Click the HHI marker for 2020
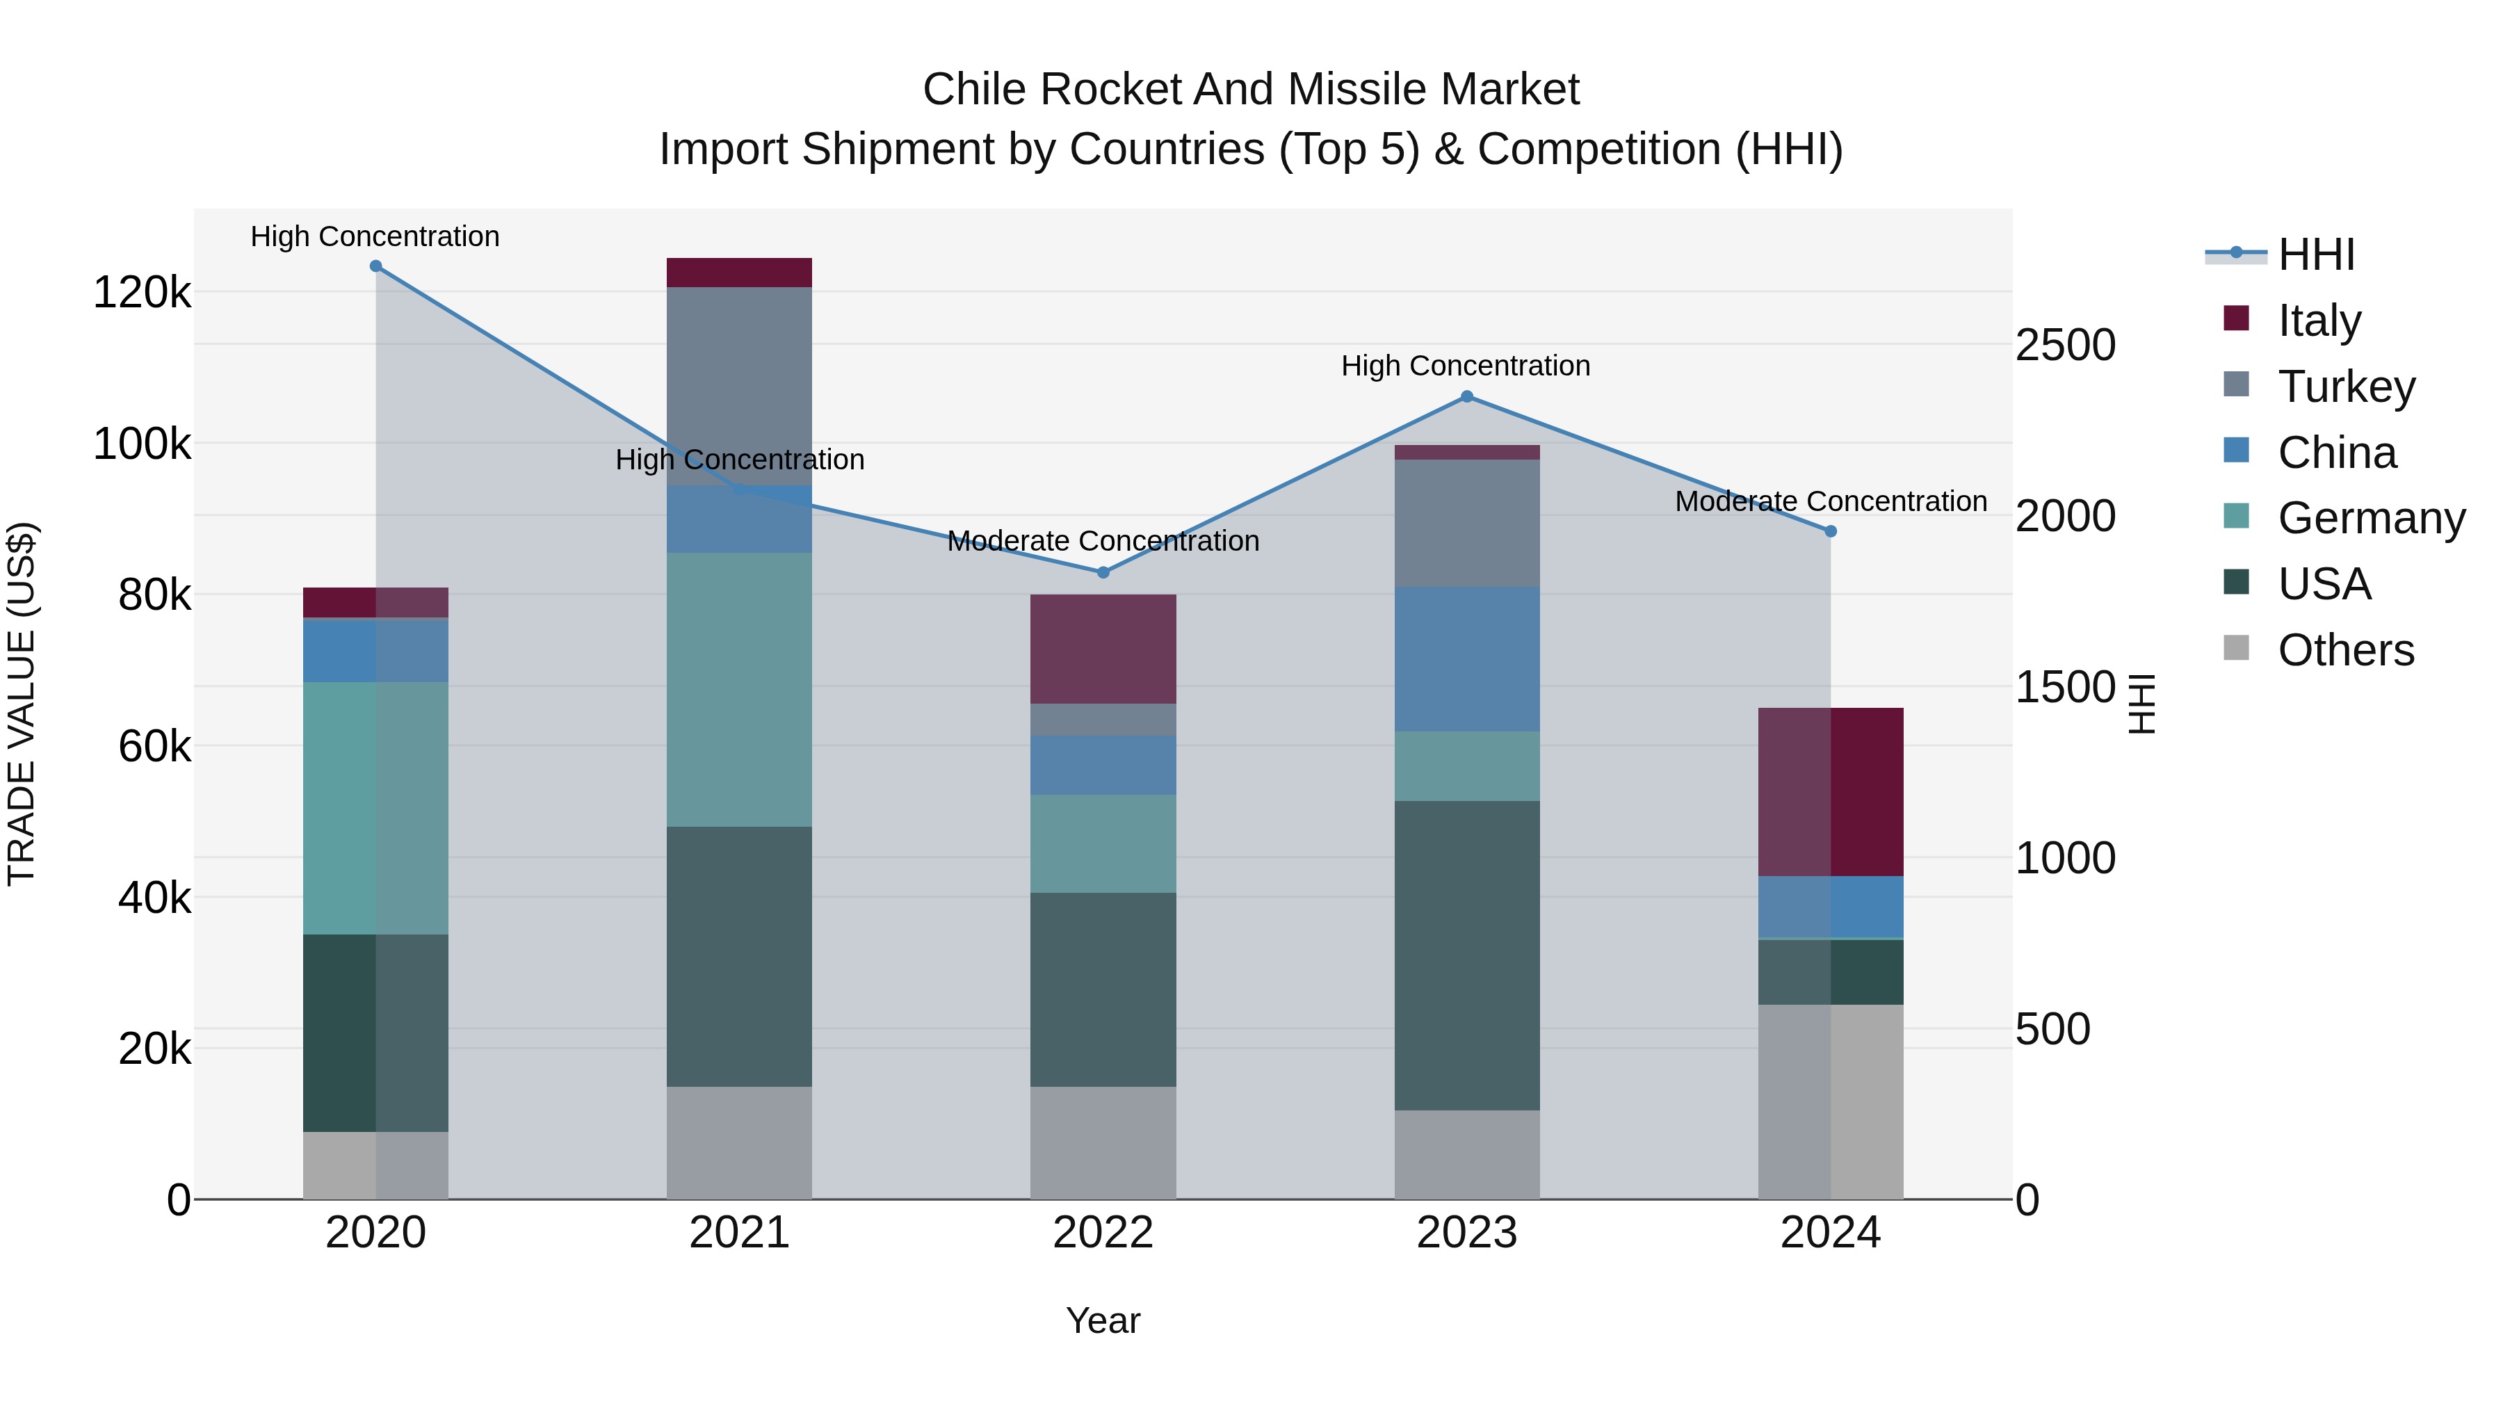pos(376,266)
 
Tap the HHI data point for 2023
pos(1467,396)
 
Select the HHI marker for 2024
pos(1831,531)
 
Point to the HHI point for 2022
pos(1103,572)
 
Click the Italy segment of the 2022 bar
pos(1103,649)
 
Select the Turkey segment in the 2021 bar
pos(740,386)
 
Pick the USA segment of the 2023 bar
pos(1467,955)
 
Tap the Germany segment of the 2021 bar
pos(740,690)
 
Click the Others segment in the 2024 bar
pos(1831,1102)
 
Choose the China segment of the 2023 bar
pos(1467,659)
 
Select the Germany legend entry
pos(2371,518)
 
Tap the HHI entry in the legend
pos(2315,254)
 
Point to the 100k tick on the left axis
pos(142,444)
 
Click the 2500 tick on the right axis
pos(2065,345)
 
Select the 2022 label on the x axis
pos(1103,1233)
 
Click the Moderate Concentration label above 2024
pos(1831,501)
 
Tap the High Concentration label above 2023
pos(1465,366)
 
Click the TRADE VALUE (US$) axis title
pos(22,704)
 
